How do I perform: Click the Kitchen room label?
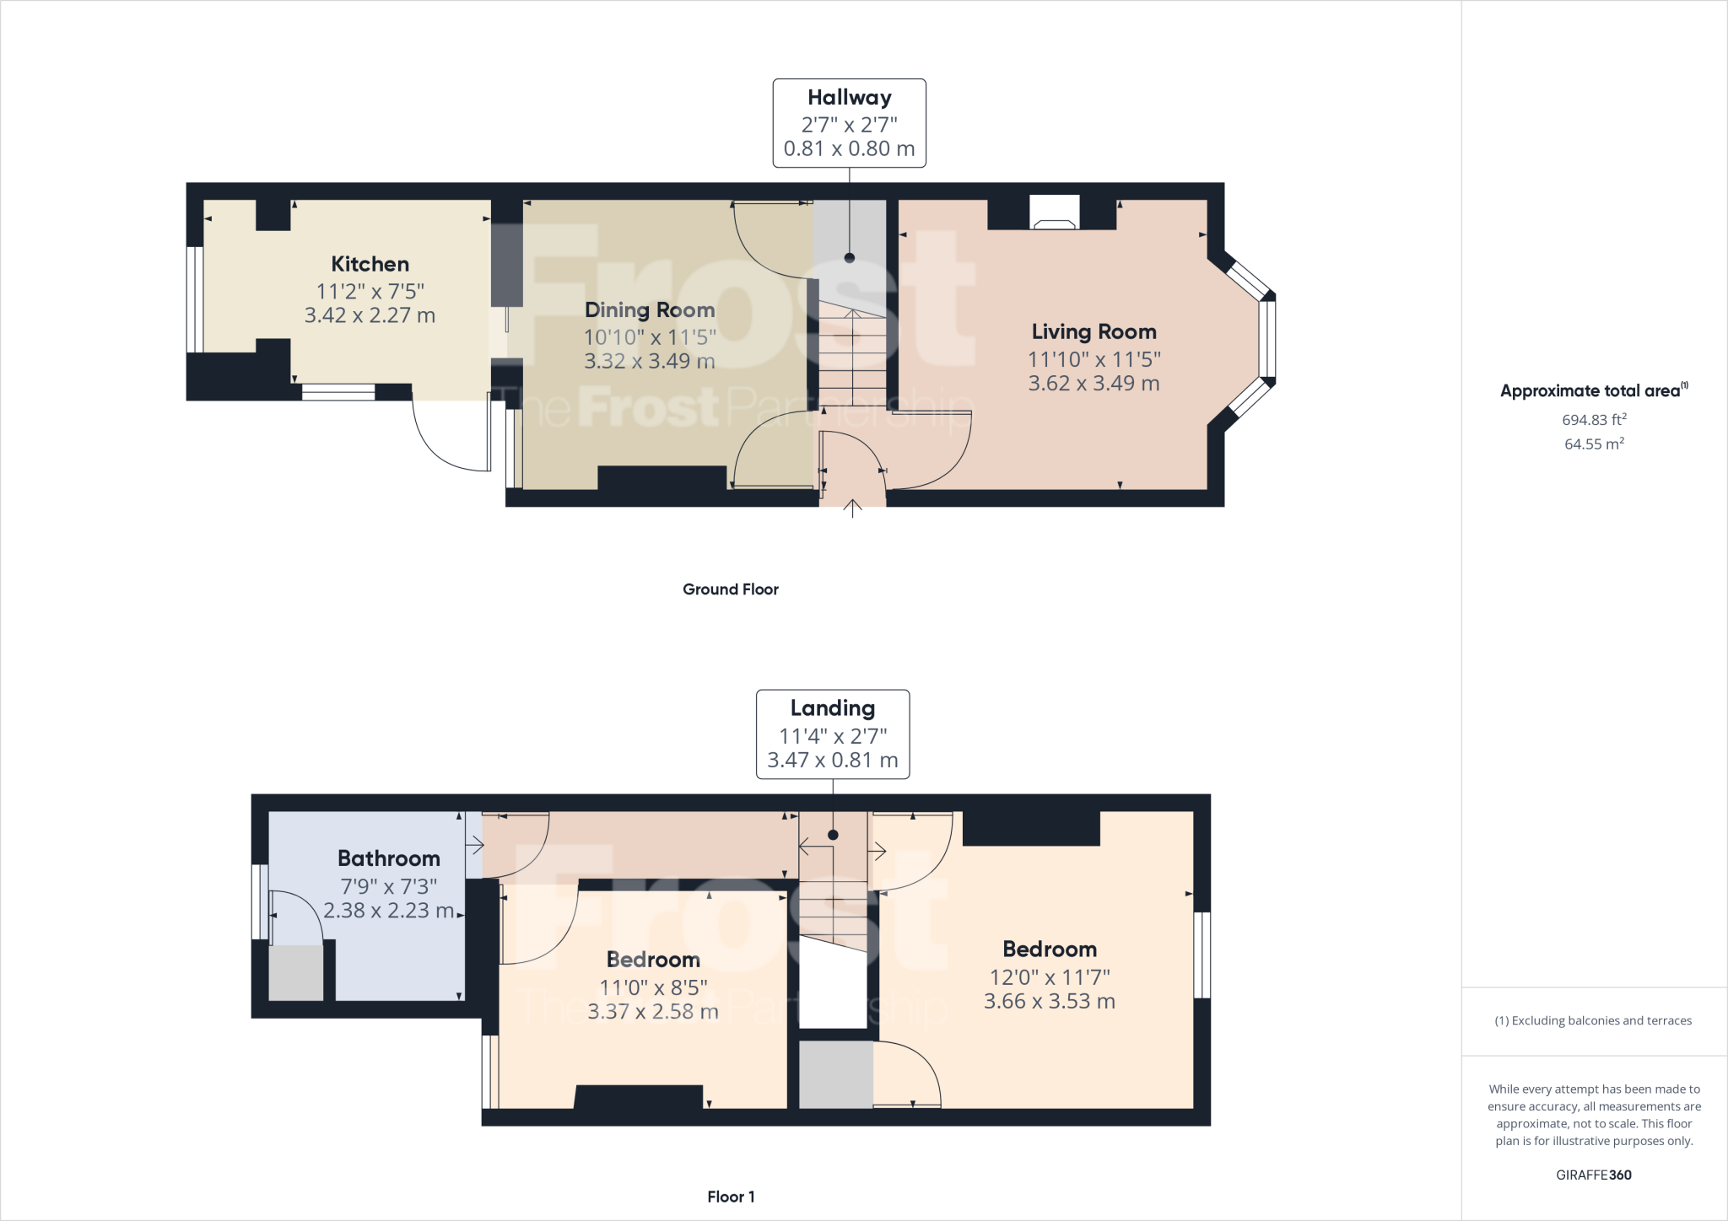click(x=370, y=264)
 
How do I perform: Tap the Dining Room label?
click(x=650, y=310)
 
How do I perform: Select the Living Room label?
click(x=1093, y=332)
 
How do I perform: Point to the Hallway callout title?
click(x=850, y=98)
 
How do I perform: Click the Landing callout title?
click(x=833, y=709)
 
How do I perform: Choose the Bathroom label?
click(x=389, y=858)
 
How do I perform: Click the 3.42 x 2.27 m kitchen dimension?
click(x=370, y=315)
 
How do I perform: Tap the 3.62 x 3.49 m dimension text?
click(x=1093, y=383)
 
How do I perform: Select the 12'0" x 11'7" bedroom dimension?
click(x=1050, y=977)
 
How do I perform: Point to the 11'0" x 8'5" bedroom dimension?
click(x=653, y=987)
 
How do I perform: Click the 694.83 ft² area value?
click(x=1594, y=419)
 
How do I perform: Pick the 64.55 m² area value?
click(x=1594, y=444)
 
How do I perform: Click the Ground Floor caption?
click(x=731, y=589)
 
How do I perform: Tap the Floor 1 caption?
click(x=731, y=1197)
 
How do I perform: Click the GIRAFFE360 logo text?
click(x=1594, y=1175)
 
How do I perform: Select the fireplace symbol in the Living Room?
click(x=1055, y=212)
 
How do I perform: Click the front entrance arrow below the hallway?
click(x=852, y=508)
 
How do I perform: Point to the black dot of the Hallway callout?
click(x=850, y=258)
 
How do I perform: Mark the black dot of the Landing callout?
click(x=833, y=835)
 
